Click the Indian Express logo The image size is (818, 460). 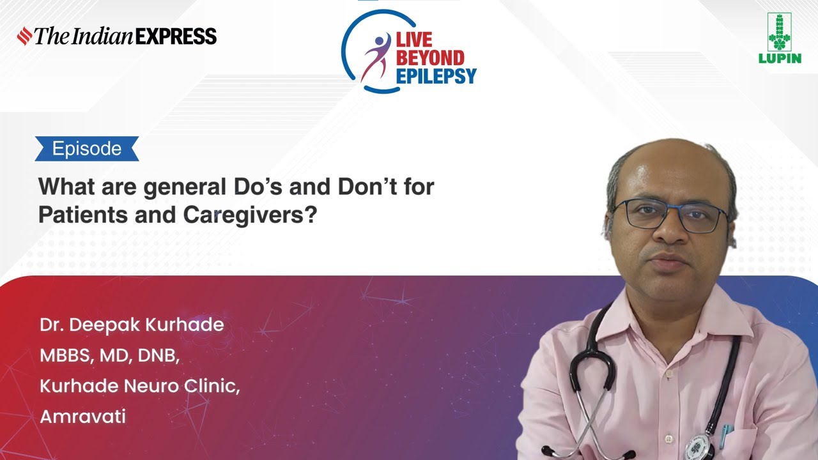(x=117, y=36)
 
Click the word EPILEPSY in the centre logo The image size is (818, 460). (x=436, y=77)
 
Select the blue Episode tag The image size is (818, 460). (x=87, y=149)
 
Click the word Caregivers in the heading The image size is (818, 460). (x=250, y=215)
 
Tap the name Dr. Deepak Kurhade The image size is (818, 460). (x=132, y=325)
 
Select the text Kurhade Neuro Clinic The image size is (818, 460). (x=140, y=386)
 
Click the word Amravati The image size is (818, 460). (x=83, y=417)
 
